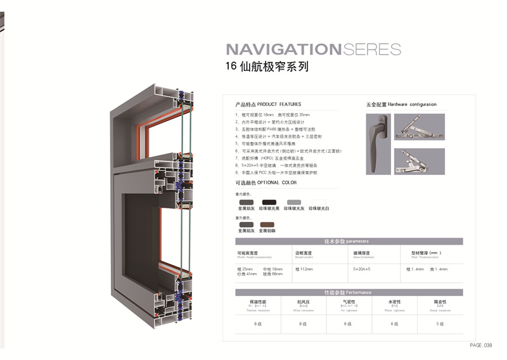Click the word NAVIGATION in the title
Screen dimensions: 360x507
coord(283,49)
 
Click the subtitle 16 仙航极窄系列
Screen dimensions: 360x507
coord(267,67)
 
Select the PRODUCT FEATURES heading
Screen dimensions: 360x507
coord(268,104)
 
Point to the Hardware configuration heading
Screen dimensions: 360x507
coord(401,104)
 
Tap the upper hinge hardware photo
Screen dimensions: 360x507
coord(419,127)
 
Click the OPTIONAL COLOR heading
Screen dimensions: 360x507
coord(266,183)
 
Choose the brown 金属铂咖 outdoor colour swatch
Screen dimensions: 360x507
coord(267,224)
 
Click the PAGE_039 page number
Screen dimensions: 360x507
coord(481,345)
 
